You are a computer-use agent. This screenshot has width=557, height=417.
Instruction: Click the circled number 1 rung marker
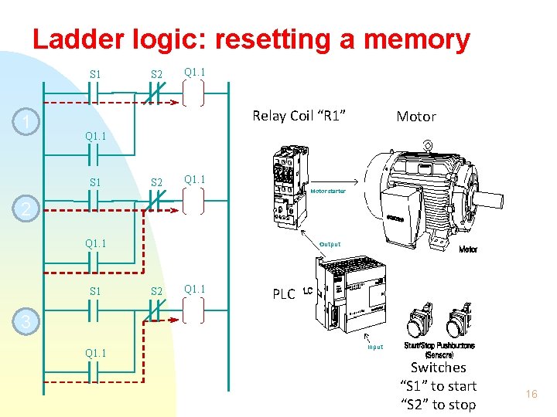[x=27, y=123]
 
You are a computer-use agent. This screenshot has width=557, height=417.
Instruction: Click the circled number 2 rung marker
[x=27, y=209]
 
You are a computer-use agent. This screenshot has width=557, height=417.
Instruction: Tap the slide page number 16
[x=531, y=395]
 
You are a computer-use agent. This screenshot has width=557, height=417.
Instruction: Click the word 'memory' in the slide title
[x=408, y=39]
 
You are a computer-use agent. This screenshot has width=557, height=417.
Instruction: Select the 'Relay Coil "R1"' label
[x=299, y=116]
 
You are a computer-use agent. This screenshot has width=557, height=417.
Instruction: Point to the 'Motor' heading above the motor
[x=416, y=117]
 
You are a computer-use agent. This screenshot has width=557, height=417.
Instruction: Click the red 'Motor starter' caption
[x=327, y=191]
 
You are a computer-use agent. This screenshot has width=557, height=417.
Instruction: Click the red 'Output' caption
[x=330, y=244]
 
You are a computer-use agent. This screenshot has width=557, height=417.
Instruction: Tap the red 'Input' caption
[x=375, y=347]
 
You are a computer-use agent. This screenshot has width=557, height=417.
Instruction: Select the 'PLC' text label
[x=283, y=294]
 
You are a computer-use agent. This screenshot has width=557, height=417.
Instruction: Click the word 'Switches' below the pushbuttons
[x=438, y=368]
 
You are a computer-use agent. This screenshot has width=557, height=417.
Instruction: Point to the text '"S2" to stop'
[x=438, y=405]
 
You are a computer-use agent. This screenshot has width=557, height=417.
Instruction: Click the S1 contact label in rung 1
[x=95, y=75]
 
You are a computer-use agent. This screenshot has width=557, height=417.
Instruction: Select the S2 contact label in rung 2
[x=156, y=183]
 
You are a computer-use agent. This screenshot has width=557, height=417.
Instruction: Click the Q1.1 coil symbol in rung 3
[x=193, y=310]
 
